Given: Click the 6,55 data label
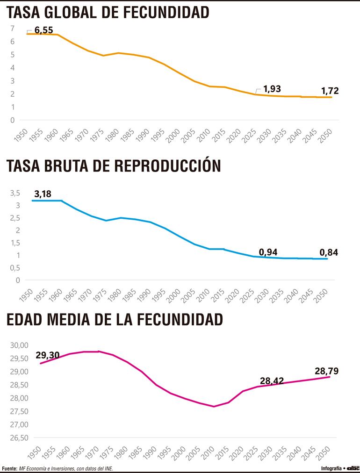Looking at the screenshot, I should (44, 30).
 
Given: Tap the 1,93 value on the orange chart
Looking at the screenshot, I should (272, 88).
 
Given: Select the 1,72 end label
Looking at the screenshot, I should (329, 91).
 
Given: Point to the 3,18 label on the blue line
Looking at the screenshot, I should (43, 193).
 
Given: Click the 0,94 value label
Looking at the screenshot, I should (268, 252).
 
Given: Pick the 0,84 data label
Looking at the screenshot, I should (328, 252).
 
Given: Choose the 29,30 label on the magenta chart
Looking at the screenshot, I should (48, 355).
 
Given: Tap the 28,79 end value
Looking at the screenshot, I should (327, 372).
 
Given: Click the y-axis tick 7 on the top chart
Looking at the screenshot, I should (12, 29).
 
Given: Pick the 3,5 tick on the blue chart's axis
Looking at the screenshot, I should (15, 193).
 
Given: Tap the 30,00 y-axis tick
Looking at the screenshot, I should (19, 345).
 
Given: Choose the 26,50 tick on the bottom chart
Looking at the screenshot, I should (19, 438).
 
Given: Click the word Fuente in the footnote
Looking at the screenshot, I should (9, 468).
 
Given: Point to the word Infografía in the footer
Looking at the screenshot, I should (331, 468).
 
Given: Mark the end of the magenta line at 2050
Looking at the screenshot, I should (330, 377).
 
